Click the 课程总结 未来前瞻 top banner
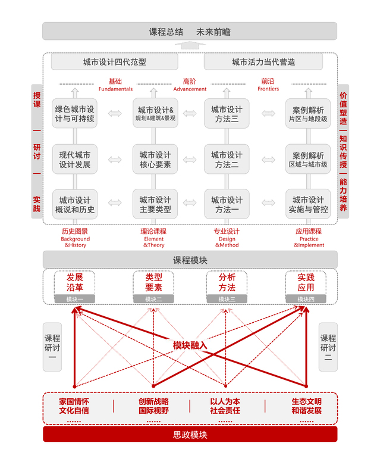point(189,32)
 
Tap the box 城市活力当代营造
point(263,62)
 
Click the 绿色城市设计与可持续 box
point(75,114)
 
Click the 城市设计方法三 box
point(227,114)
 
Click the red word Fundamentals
point(115,89)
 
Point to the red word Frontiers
point(268,89)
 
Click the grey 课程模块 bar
point(190,260)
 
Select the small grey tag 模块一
point(75,300)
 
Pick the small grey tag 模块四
point(306,300)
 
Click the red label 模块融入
point(190,345)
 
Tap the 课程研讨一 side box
point(52,347)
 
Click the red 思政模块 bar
point(190,435)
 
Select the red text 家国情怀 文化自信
point(74,406)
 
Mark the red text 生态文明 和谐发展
point(306,406)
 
